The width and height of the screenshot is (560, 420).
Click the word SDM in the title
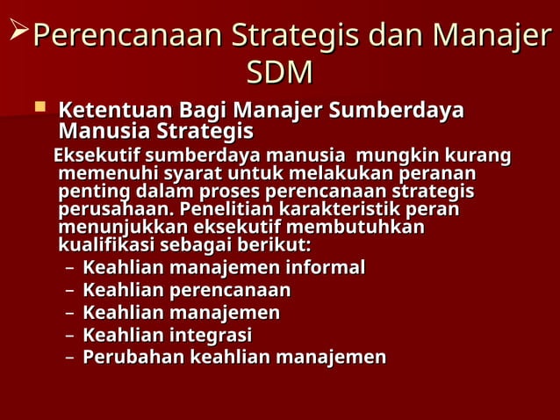pyautogui.click(x=279, y=72)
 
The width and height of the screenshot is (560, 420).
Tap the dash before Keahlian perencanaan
pyautogui.click(x=70, y=291)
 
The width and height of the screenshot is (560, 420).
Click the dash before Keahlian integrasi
pyautogui.click(x=70, y=336)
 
